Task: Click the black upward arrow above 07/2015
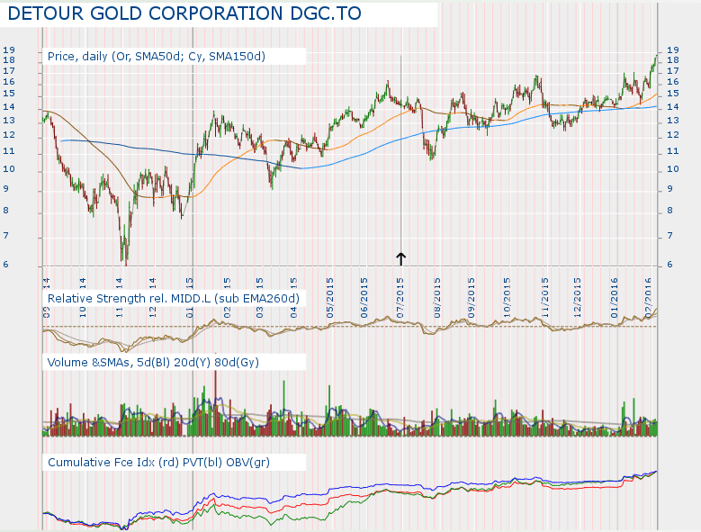(400, 258)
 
